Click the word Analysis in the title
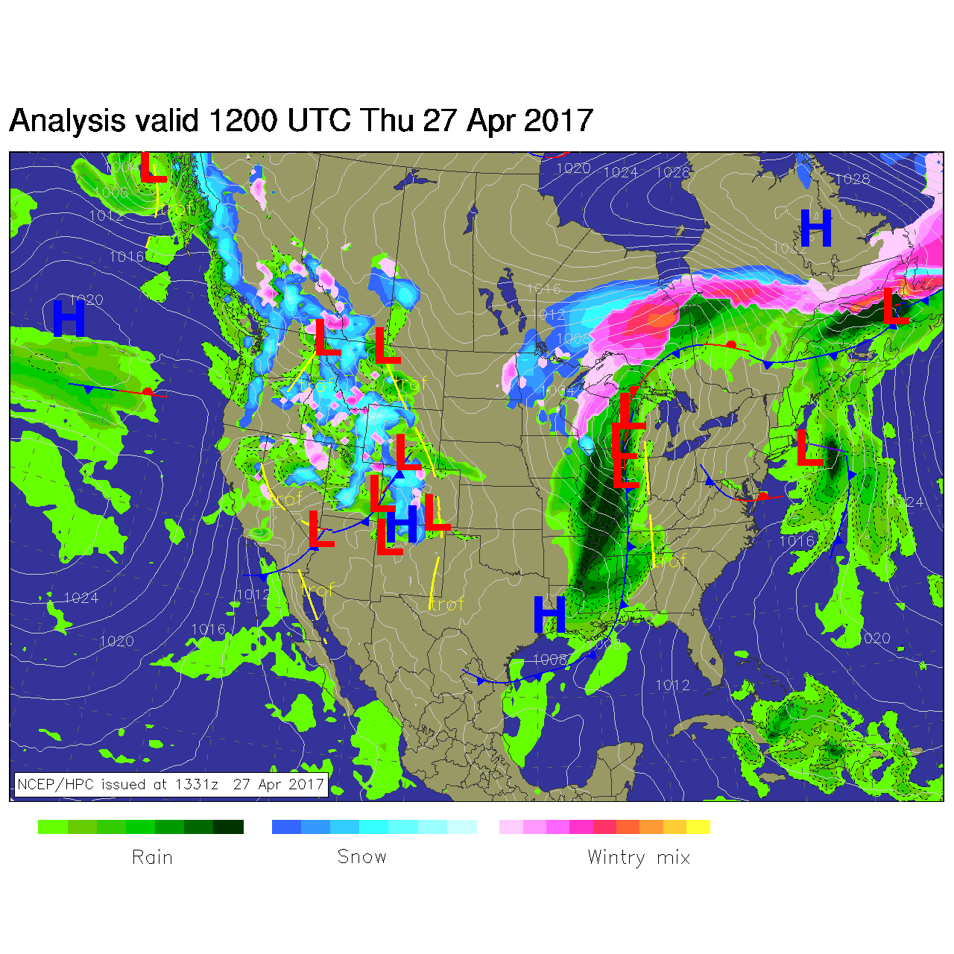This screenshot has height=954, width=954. (x=66, y=121)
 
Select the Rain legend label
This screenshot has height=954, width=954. (x=152, y=857)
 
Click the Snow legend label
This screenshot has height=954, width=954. (x=361, y=857)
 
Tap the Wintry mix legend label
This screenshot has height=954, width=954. (x=638, y=857)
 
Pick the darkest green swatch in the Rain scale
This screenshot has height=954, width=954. (x=229, y=827)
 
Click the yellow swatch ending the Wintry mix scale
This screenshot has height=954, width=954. (x=698, y=827)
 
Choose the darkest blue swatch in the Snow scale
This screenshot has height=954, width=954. (x=286, y=827)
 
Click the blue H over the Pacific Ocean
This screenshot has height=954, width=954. (x=69, y=318)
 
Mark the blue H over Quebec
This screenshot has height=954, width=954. (x=815, y=228)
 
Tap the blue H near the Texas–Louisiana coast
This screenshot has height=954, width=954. (x=549, y=615)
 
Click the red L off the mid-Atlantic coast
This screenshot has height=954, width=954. (x=809, y=448)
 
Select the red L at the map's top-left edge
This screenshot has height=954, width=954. (x=153, y=167)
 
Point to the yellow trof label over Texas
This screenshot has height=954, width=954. (x=448, y=604)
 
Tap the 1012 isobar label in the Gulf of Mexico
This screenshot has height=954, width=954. (x=672, y=685)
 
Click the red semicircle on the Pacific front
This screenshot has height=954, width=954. (x=148, y=391)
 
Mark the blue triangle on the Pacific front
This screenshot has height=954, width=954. (x=89, y=389)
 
